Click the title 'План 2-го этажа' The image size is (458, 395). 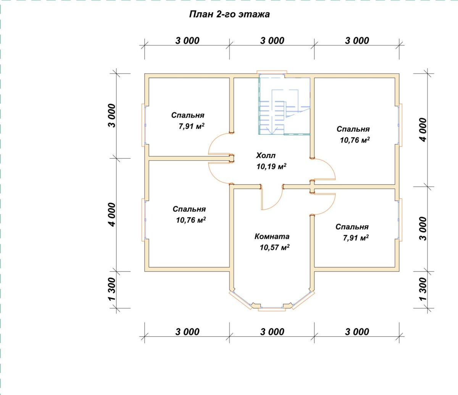coord(229,15)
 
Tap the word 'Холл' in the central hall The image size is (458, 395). coord(266,155)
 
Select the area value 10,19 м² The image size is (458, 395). coord(271,166)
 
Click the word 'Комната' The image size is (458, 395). coord(272,236)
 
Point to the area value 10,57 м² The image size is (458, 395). coord(274,247)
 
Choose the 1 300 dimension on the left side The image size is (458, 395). coord(112,289)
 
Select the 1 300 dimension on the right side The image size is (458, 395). coord(423,289)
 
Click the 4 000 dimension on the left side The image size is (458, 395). coord(112,214)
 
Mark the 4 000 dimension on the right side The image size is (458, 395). coord(423,130)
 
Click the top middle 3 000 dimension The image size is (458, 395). coord(272,41)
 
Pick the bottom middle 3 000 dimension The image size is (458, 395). coord(272,332)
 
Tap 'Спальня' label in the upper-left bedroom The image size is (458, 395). coord(188,115)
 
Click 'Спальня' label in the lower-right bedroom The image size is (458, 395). coord(352,227)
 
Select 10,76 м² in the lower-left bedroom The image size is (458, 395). coord(191,220)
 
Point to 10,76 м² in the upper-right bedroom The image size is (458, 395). coord(355,140)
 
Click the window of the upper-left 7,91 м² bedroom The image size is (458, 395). coord(145,125)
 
